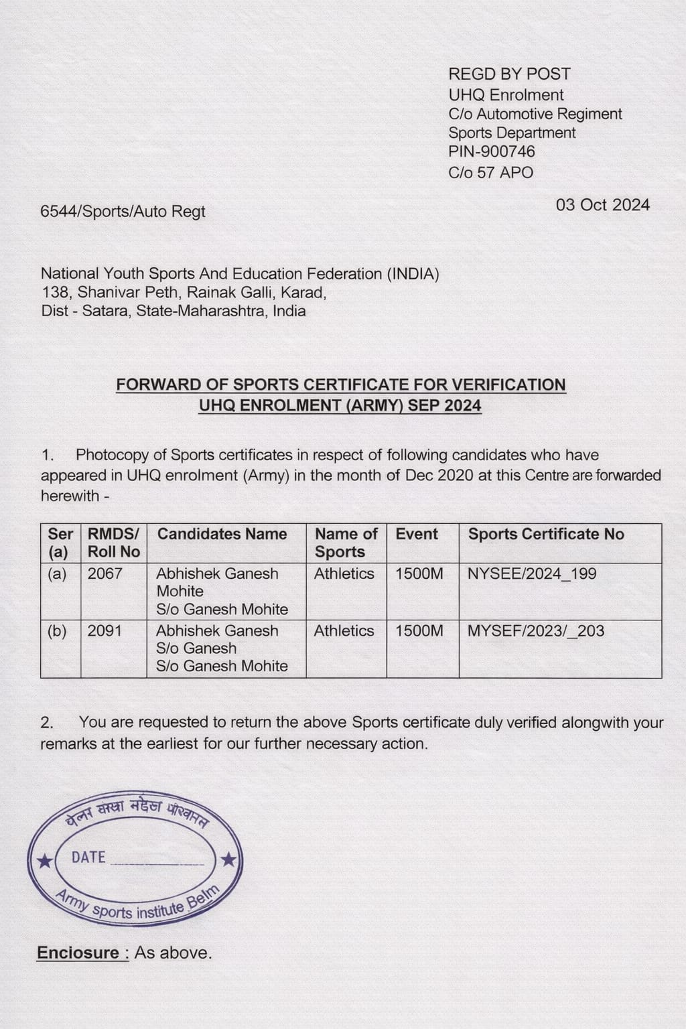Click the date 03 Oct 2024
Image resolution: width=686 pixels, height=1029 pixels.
coord(602,205)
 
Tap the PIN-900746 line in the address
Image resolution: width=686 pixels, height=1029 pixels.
coord(492,152)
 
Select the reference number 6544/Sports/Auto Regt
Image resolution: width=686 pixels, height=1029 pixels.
coord(123,212)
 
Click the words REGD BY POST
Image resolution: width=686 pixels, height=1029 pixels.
coord(509,74)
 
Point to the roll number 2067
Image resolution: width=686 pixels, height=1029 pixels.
coord(105,573)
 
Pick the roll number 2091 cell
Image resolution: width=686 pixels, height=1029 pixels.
coord(105,630)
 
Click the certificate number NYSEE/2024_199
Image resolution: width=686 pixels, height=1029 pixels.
coord(532,573)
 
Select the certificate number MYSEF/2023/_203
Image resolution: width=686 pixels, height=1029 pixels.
coord(535,630)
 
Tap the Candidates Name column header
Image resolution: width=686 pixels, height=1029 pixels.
coord(222,534)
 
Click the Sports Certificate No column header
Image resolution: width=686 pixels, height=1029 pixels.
coord(546,534)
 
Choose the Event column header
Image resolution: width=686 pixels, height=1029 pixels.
coord(417,534)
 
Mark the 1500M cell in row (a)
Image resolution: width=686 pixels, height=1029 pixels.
coord(419,573)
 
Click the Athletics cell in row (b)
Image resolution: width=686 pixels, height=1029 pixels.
coord(344,630)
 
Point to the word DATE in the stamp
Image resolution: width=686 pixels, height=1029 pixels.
coord(88,857)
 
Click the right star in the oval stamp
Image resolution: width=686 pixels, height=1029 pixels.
coord(228,859)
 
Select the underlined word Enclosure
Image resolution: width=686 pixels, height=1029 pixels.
coord(82,953)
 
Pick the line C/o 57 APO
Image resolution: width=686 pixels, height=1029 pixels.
coord(490,173)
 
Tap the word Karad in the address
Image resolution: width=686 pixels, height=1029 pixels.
coord(302,293)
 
